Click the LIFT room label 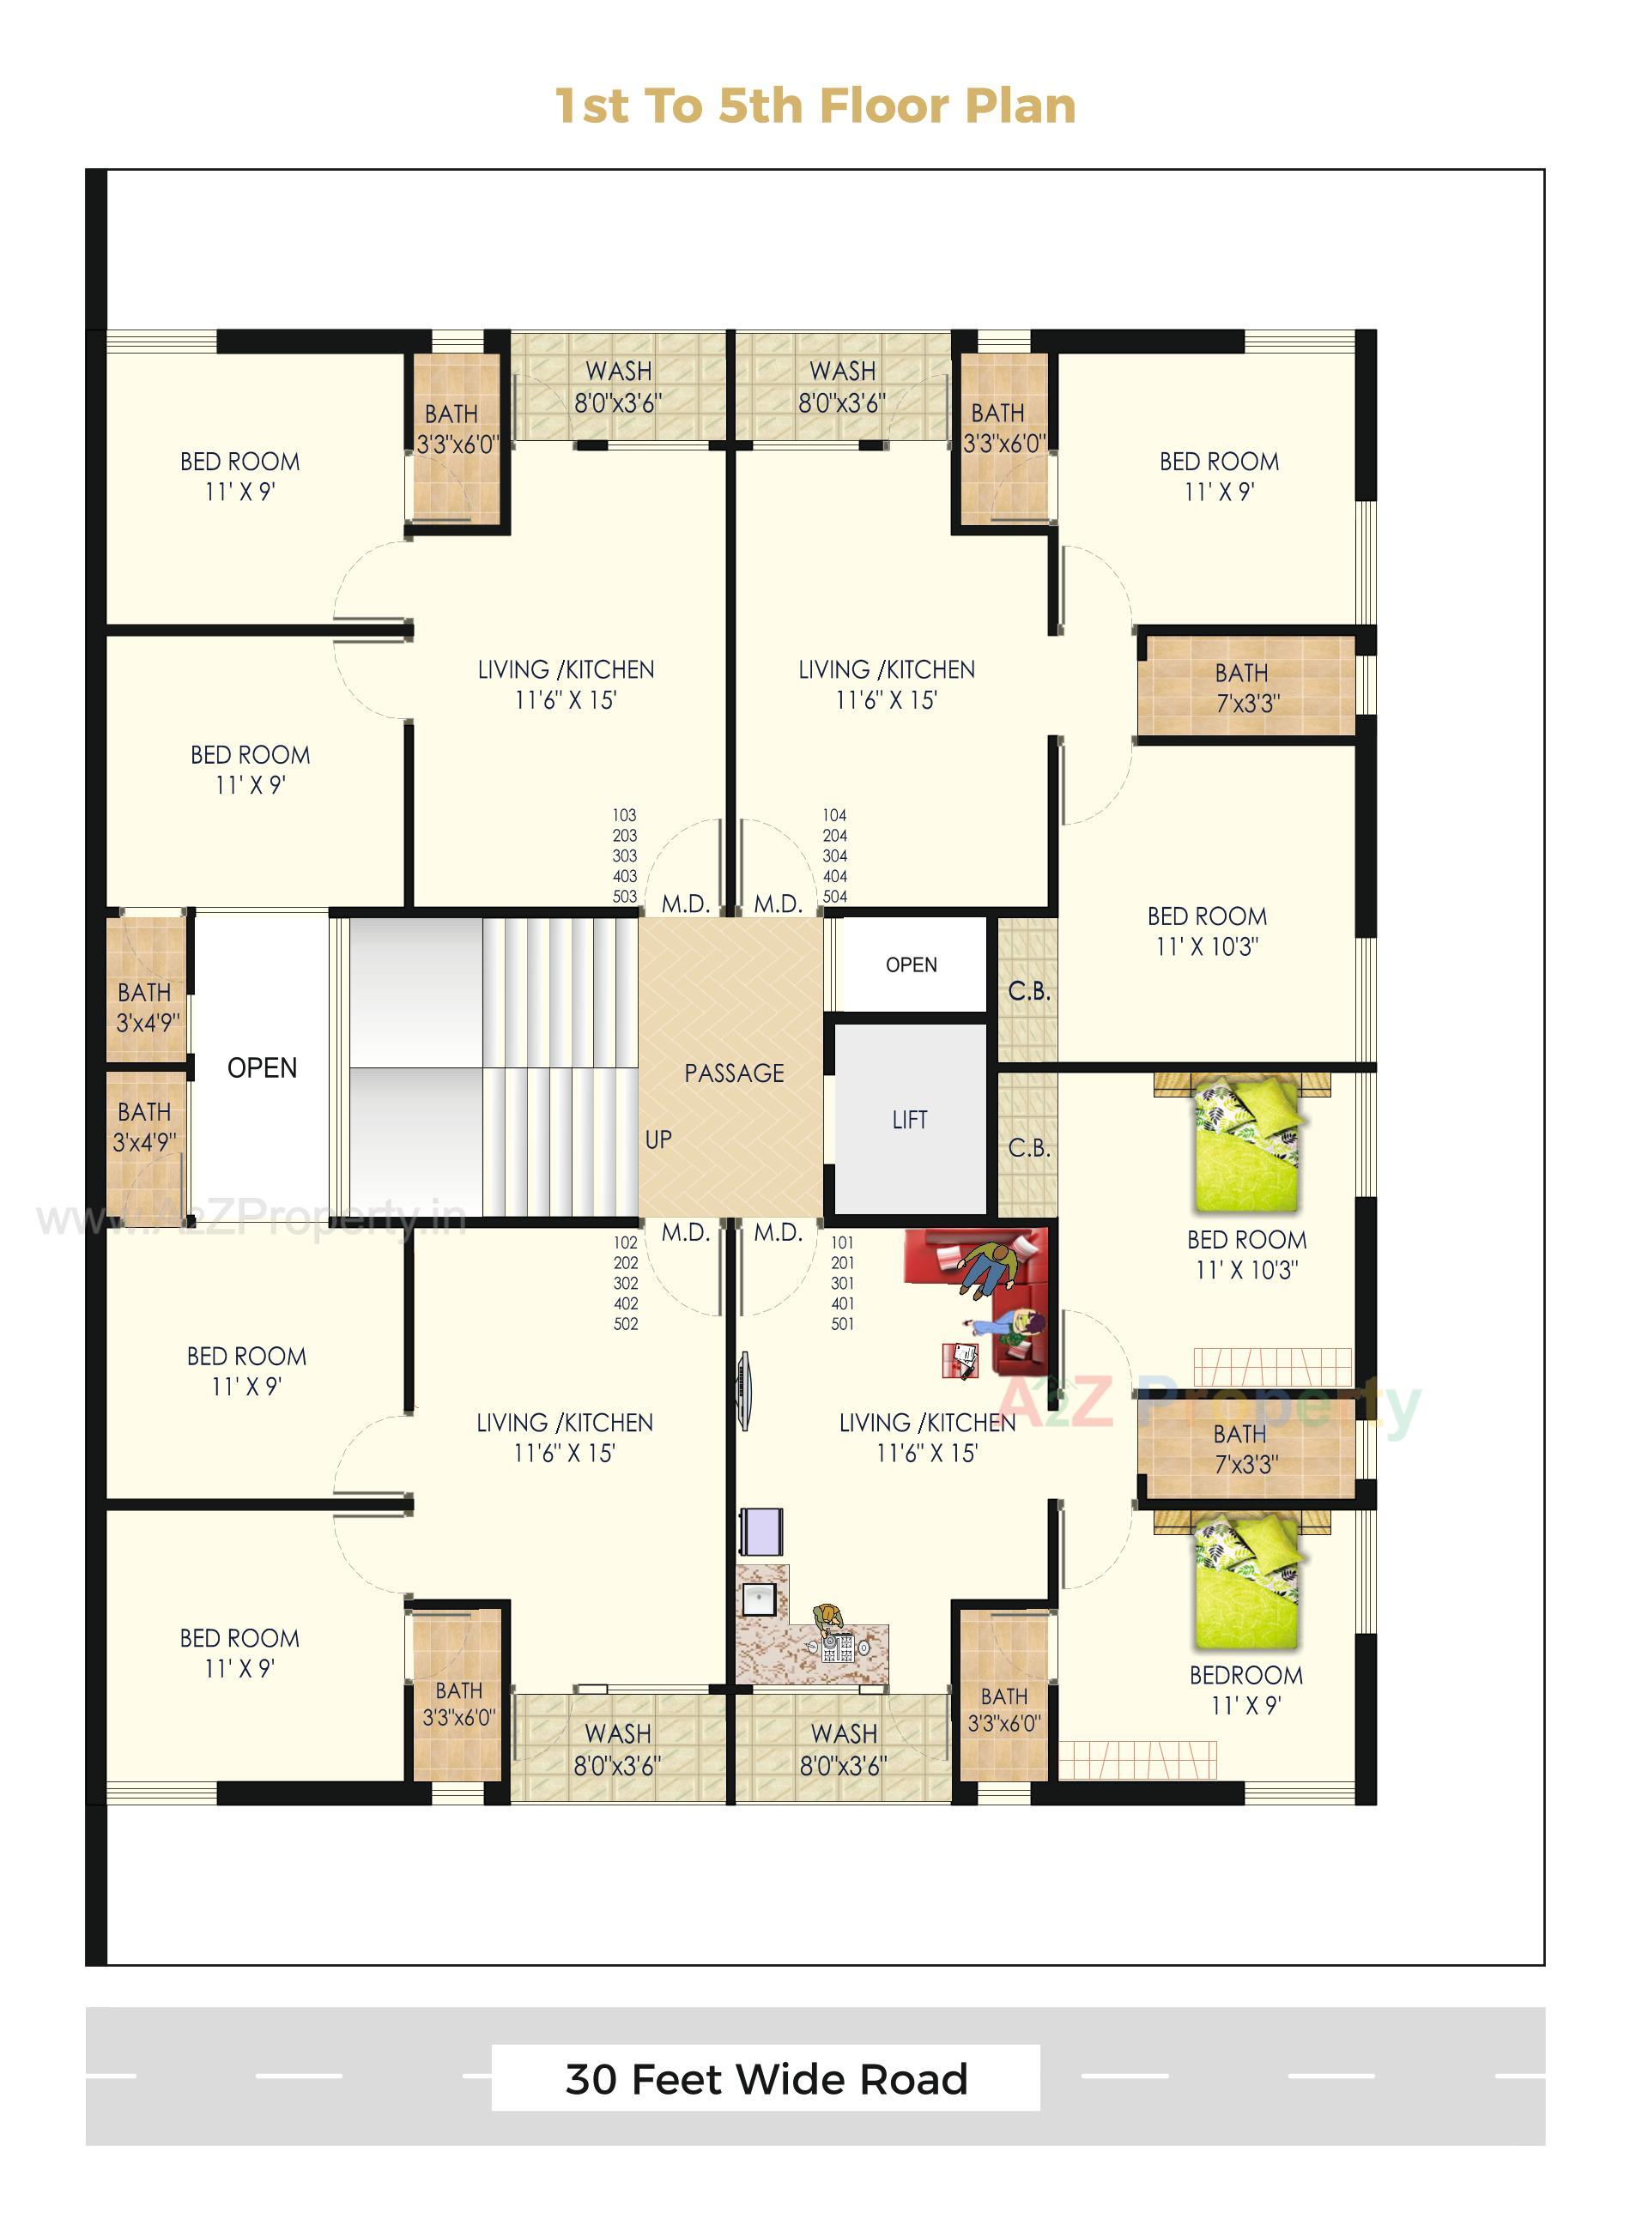point(909,1120)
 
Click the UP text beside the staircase point(658,1140)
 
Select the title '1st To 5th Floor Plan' point(815,106)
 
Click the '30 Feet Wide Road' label point(766,2078)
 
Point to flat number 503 point(625,897)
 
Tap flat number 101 point(842,1242)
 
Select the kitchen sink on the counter point(758,1599)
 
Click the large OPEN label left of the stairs point(262,1068)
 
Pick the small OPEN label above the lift point(911,964)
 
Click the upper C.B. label point(1028,991)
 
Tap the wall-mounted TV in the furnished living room point(745,1390)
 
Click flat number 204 point(834,836)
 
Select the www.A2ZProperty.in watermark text point(251,1219)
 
